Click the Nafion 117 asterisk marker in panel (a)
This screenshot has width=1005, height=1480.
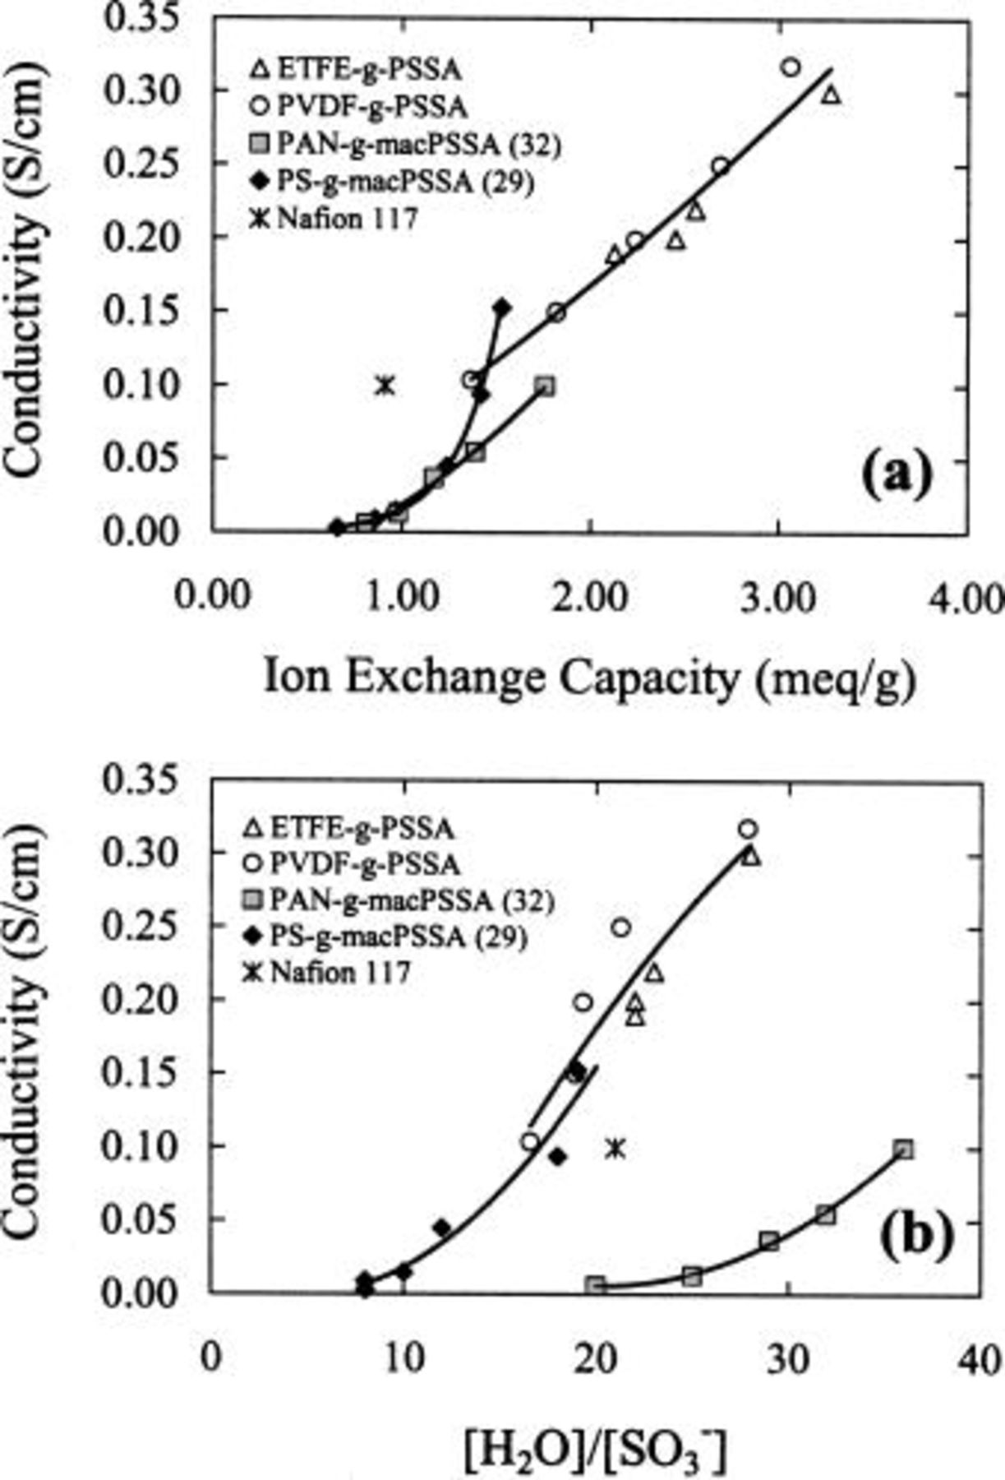tap(385, 385)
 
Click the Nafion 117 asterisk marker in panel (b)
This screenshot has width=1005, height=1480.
tap(615, 1148)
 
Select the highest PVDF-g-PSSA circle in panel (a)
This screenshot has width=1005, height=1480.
tap(791, 67)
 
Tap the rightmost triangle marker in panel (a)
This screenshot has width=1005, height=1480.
tap(832, 95)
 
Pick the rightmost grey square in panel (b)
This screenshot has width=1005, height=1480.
tap(904, 1149)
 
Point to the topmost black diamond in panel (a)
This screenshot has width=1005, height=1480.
tap(501, 308)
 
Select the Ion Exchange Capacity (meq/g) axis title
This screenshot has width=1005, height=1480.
tap(588, 679)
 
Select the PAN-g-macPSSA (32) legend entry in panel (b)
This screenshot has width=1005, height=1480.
tap(399, 901)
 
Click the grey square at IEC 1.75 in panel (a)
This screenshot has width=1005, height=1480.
tap(545, 386)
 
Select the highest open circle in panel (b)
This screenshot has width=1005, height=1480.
tap(748, 829)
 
